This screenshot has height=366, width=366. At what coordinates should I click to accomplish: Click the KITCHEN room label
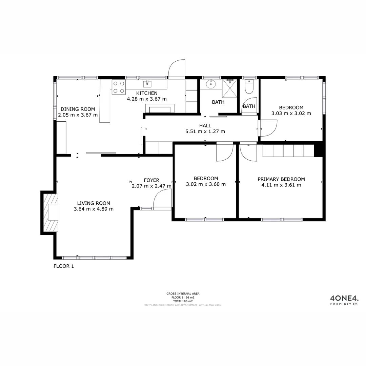click(147, 93)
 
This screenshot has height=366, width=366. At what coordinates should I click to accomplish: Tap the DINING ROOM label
click(78, 109)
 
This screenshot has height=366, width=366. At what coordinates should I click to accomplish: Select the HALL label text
click(205, 125)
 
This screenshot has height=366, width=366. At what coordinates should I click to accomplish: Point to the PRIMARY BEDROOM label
click(281, 179)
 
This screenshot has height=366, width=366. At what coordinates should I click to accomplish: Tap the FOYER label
click(151, 180)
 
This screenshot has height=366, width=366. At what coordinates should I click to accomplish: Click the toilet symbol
click(249, 87)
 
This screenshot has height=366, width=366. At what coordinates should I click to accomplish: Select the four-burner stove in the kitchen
click(119, 86)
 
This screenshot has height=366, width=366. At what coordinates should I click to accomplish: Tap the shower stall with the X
click(229, 87)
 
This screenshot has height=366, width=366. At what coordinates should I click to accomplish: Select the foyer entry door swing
click(162, 200)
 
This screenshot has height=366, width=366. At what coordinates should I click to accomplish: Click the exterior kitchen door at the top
click(177, 69)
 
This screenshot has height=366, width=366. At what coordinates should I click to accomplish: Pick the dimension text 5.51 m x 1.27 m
click(205, 131)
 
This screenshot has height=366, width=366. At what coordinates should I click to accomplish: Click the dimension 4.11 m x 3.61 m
click(281, 185)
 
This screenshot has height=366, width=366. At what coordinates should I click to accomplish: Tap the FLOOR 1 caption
click(64, 266)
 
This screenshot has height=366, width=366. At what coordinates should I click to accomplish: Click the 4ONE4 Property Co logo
click(344, 300)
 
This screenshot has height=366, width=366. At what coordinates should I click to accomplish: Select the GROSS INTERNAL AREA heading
click(183, 294)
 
